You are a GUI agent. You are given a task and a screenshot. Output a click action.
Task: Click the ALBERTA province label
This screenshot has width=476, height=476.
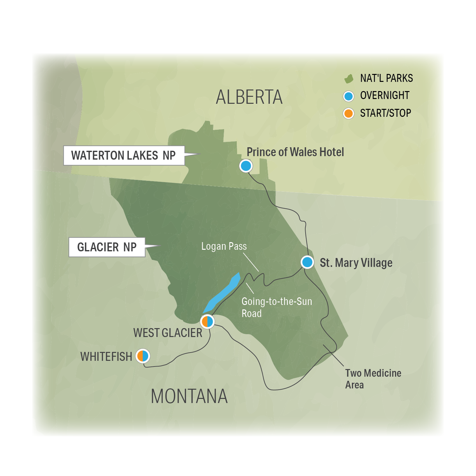point(249,97)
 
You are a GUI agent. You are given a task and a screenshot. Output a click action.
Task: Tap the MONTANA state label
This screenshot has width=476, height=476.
point(189,396)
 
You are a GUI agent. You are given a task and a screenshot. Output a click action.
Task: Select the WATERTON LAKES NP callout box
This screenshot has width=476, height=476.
point(124,155)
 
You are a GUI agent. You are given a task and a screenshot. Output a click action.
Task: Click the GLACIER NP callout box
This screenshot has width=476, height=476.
point(107,247)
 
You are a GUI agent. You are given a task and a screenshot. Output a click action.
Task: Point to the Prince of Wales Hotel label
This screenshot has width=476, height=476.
point(295,152)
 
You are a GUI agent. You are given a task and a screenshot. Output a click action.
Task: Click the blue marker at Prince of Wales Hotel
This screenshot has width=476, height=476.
point(246,166)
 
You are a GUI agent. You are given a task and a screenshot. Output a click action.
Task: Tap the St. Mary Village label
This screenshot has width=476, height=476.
point(356,263)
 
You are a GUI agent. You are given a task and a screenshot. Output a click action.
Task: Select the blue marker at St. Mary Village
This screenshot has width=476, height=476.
point(307,262)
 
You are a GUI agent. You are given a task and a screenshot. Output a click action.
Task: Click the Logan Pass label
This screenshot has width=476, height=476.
point(224,246)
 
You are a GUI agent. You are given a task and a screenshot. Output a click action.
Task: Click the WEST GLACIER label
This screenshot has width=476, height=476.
point(168,333)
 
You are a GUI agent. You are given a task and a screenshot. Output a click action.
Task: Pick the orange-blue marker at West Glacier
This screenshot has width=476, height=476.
point(207,321)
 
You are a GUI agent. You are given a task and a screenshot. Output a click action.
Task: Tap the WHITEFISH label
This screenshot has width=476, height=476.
point(106,357)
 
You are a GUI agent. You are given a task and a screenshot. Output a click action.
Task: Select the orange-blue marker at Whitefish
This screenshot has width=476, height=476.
point(143,356)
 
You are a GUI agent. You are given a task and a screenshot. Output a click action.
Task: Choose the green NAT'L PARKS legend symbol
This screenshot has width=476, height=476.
point(349,79)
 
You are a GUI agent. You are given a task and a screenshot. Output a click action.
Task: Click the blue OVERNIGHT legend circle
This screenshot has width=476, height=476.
point(348,96)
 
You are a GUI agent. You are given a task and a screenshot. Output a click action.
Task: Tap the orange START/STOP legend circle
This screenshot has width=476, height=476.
point(348,113)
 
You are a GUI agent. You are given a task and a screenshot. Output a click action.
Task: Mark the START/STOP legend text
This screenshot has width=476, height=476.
point(386,113)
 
